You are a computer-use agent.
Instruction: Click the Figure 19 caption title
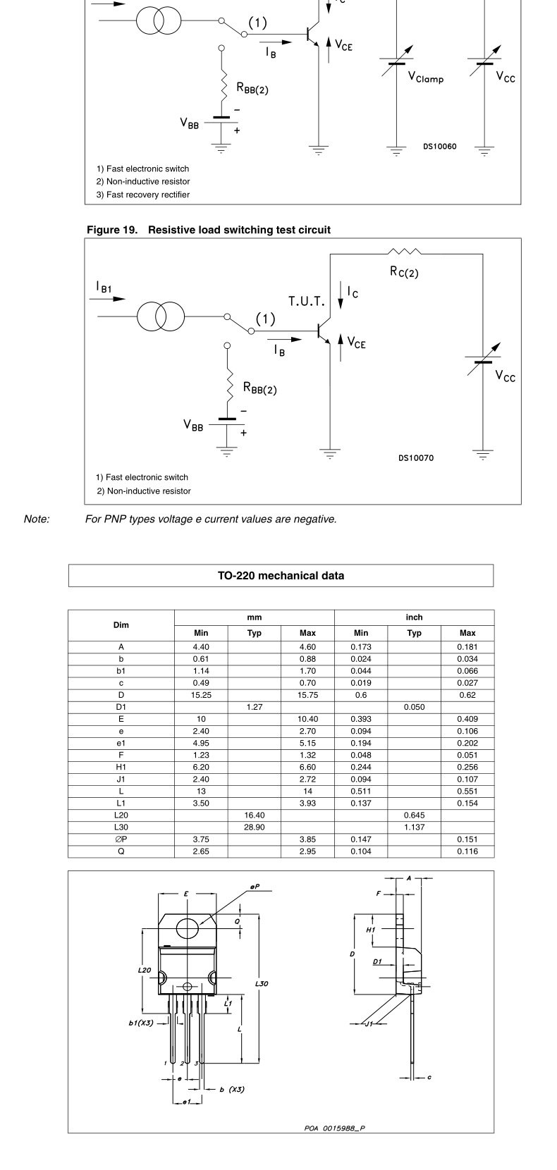(208, 230)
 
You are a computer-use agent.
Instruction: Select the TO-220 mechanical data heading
(281, 576)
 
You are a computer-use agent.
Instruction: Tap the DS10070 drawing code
(416, 458)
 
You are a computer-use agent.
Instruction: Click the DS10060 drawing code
(439, 147)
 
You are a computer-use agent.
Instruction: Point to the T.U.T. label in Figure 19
(306, 302)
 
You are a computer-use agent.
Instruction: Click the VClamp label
(426, 78)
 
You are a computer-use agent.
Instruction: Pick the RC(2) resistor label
(404, 272)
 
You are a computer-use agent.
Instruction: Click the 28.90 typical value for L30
(254, 827)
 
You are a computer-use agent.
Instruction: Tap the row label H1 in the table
(121, 767)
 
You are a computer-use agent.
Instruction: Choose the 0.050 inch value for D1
(414, 707)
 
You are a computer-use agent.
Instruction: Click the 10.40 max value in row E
(307, 719)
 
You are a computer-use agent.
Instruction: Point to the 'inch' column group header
(414, 617)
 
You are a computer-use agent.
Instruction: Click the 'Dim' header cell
(121, 625)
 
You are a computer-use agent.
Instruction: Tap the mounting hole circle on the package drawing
(187, 928)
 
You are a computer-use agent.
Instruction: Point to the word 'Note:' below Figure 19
(37, 519)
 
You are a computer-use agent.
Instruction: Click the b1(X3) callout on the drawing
(140, 1023)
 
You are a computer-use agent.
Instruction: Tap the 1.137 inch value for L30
(414, 827)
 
